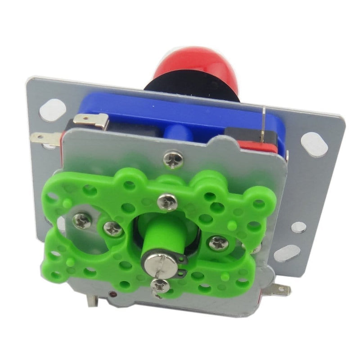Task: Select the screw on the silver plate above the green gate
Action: [x=173, y=158]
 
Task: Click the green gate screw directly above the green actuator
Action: [x=168, y=201]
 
